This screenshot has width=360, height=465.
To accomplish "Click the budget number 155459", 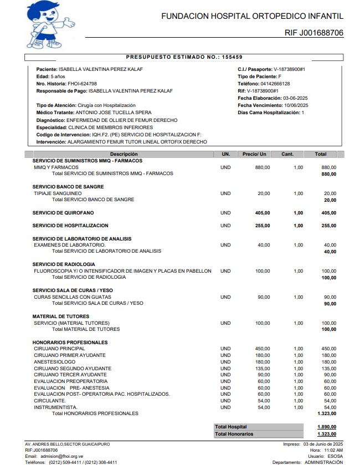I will (232, 57).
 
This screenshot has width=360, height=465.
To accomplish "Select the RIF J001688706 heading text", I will (313, 33).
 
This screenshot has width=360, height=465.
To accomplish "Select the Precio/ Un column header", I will (255, 154).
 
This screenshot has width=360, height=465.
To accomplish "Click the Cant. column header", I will (287, 154).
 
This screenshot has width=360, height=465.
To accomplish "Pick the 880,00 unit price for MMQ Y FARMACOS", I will (263, 167).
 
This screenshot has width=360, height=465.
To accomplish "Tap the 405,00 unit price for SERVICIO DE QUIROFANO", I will (263, 213).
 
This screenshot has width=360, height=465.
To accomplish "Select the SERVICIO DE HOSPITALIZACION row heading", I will (70, 226).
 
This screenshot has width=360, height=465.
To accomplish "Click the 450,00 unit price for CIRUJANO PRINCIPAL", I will (263, 349).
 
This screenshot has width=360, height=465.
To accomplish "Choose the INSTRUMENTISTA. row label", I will (55, 407).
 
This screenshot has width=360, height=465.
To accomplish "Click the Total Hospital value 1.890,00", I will (327, 427).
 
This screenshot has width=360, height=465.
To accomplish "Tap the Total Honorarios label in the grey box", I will (234, 434).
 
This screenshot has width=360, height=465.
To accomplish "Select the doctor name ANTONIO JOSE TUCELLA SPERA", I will (113, 113).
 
